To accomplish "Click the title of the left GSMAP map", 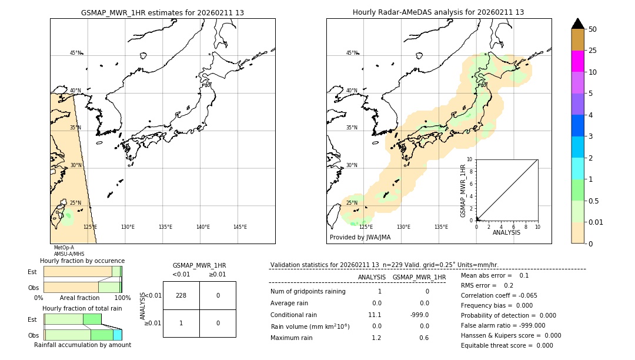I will click(x=162, y=12).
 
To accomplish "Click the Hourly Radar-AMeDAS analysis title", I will click(x=438, y=12).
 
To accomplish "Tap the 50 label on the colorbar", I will click(x=593, y=29).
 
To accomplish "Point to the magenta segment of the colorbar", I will click(x=577, y=61).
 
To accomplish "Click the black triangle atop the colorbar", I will click(x=577, y=24).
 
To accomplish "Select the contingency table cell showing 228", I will click(x=181, y=295).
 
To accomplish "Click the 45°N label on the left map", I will click(x=76, y=53).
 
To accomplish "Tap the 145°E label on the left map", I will click(x=240, y=227).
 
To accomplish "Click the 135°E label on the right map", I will click(x=441, y=227).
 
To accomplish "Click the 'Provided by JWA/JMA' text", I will click(x=360, y=238).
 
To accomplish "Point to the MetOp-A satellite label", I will click(x=63, y=248).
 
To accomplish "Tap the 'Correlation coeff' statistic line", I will click(x=499, y=295).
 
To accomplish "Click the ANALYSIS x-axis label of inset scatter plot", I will click(x=506, y=232).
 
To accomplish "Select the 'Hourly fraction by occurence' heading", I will click(x=82, y=261).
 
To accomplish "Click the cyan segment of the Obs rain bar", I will click(x=117, y=335).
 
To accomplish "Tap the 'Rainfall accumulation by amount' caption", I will click(x=82, y=345).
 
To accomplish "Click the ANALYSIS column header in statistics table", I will click(x=372, y=277).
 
